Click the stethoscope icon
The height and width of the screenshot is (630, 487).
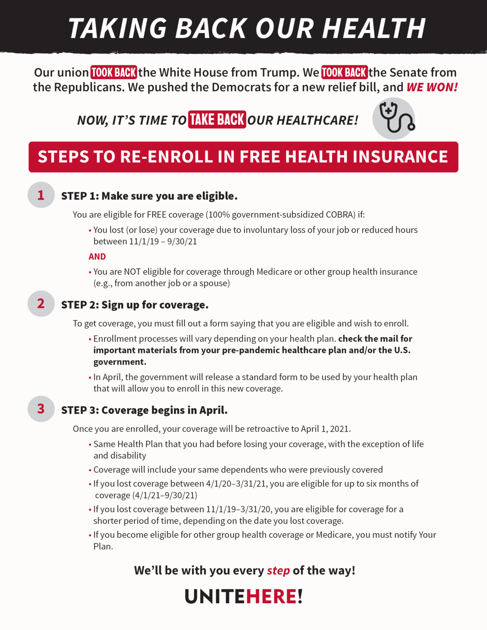click(x=394, y=118)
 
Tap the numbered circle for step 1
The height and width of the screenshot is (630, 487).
click(x=41, y=195)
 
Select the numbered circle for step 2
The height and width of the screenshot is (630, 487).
click(x=41, y=303)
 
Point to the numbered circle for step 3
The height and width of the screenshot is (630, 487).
click(x=41, y=409)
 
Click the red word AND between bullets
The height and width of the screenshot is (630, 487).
click(x=97, y=257)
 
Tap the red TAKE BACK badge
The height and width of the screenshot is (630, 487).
click(x=217, y=120)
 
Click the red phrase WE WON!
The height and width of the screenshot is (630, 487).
click(x=432, y=87)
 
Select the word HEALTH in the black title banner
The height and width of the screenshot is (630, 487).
click(x=374, y=29)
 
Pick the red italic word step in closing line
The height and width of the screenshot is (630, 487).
click(x=278, y=570)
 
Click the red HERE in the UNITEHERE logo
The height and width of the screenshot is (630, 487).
click(x=271, y=596)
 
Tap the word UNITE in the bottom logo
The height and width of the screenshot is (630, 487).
click(x=215, y=596)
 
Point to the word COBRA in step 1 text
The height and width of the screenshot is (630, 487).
click(x=340, y=215)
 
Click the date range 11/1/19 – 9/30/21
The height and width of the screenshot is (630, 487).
click(x=163, y=241)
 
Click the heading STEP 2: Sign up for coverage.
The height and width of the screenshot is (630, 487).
click(x=135, y=305)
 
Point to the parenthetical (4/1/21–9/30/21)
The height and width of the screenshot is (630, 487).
click(x=165, y=495)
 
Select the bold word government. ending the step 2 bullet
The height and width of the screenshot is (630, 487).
click(x=120, y=362)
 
